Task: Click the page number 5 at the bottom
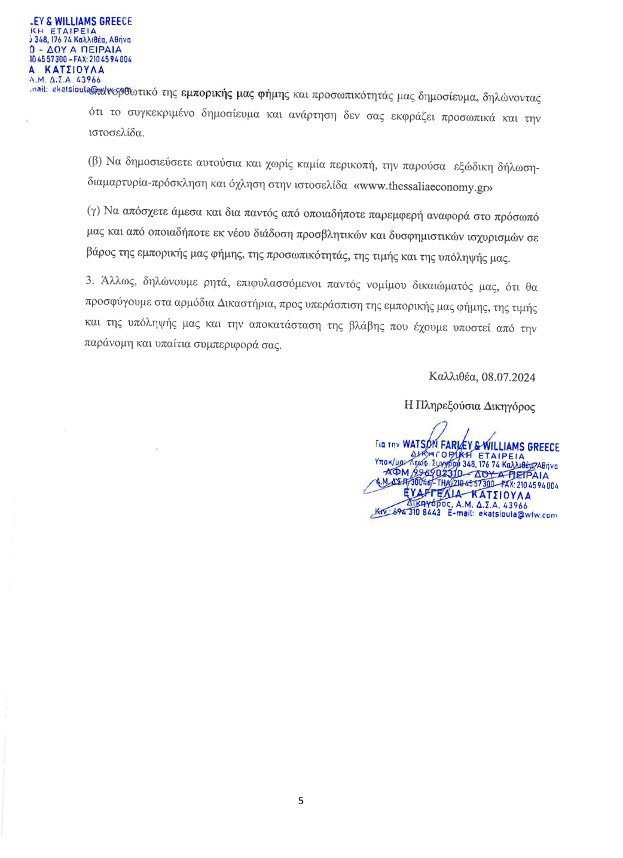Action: tap(301, 801)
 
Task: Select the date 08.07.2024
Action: tap(508, 377)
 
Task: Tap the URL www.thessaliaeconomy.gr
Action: tap(423, 186)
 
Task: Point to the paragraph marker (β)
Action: tap(95, 161)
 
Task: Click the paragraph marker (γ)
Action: tap(94, 210)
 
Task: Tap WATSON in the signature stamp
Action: tap(420, 445)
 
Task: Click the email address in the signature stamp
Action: tap(517, 514)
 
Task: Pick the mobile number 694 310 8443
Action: tap(417, 513)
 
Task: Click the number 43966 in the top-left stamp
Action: tap(88, 79)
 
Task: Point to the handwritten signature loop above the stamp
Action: tap(439, 430)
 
